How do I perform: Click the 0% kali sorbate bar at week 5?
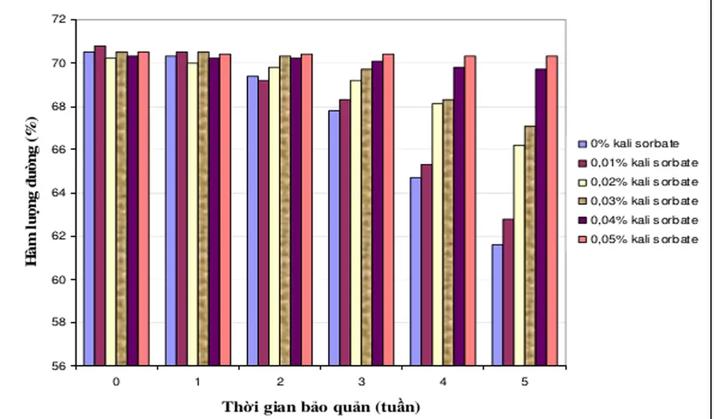497,305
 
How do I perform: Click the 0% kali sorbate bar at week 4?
415,271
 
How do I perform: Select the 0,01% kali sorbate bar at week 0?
100,206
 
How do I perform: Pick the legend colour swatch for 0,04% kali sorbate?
582,220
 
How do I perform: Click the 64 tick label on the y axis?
60,193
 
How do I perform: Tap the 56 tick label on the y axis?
60,366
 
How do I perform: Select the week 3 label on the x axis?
361,382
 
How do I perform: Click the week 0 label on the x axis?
116,382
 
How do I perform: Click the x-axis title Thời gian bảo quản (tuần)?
321,406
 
